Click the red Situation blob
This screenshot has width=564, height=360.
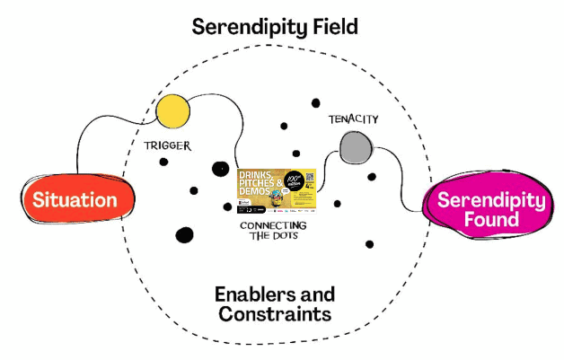pos(75,199)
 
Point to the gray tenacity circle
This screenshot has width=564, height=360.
pos(356,146)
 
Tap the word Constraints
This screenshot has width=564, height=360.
pos(275,315)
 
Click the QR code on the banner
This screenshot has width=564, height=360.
pos(307,178)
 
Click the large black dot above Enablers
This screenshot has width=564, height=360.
pos(184,235)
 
